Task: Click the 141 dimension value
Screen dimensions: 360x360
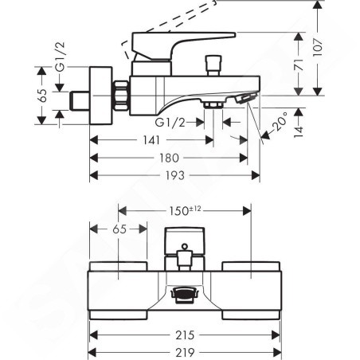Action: [x=151, y=140]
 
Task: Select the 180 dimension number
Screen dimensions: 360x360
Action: [x=169, y=158]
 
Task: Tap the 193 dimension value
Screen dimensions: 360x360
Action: [x=174, y=175]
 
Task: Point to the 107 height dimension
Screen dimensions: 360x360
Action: [x=318, y=47]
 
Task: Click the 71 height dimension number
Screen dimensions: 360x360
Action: [x=299, y=65]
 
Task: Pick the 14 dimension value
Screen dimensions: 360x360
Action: [x=299, y=131]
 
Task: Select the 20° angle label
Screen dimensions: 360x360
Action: [x=280, y=121]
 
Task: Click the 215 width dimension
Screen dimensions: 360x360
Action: [x=185, y=335]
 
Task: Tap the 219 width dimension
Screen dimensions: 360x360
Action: [x=185, y=353]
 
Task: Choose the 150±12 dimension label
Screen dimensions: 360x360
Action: [x=185, y=211]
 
